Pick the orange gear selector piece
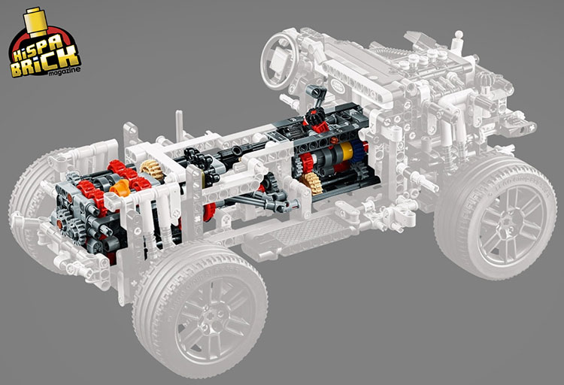coord(121,189)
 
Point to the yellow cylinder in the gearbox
coord(346,151)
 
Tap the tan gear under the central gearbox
coord(309,183)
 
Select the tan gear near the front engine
coord(150,169)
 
